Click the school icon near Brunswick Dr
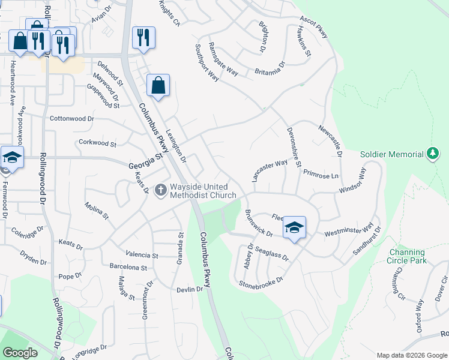point(294,227)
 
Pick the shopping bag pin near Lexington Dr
point(158,86)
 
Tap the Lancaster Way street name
point(270,171)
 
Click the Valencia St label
point(142,255)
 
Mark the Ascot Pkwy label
point(314,27)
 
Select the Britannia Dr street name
point(268,68)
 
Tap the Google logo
point(20,352)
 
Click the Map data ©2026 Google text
point(411,355)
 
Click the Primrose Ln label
point(321,175)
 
